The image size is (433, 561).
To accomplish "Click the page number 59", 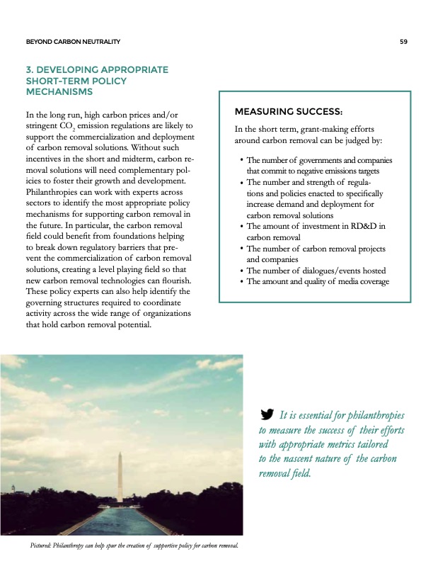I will pos(403,42).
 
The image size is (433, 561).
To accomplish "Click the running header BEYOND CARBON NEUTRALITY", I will pos(72,42).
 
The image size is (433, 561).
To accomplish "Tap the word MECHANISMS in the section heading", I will pos(59,92).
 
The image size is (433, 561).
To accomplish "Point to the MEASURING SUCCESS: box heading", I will pos(288,113).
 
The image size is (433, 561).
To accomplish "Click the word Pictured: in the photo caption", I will pos(45,545).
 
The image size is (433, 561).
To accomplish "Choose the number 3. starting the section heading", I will pos(28,70).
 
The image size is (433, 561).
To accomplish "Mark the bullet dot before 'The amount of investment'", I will pos(241,226).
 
